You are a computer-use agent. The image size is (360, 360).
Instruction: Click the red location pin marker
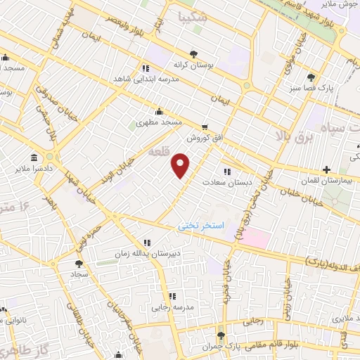coord(181,166)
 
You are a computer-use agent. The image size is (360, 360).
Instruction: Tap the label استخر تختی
coord(201,226)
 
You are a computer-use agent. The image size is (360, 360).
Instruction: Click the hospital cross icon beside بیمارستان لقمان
coord(326,169)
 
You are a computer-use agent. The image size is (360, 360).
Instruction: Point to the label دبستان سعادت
coord(227,182)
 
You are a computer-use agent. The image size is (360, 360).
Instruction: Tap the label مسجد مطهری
coord(160,122)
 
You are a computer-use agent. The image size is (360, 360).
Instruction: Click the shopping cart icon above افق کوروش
coord(205,127)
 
